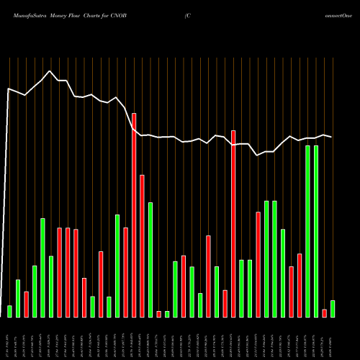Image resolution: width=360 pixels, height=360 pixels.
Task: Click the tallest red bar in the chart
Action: (134, 215)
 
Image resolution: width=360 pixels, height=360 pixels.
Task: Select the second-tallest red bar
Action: (233, 223)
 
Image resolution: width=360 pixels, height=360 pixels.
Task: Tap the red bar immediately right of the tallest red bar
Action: (142, 246)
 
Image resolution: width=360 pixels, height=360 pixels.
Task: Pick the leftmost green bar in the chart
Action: (9, 311)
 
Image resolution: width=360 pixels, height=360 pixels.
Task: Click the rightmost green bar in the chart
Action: (333, 308)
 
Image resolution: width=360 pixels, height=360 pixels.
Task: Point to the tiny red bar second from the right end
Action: (324, 312)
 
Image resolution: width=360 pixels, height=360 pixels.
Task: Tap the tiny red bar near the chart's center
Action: (159, 314)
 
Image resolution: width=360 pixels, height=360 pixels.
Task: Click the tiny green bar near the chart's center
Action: (167, 314)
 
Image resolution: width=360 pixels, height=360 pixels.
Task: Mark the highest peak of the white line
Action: (49, 71)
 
